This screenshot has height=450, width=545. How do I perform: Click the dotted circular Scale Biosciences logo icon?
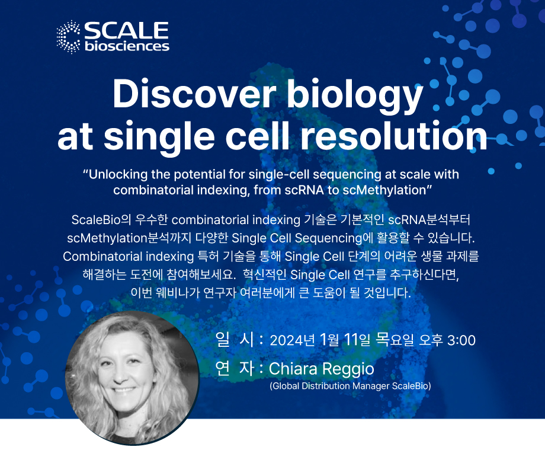[69, 37]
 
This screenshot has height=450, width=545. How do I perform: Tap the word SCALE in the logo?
[127, 30]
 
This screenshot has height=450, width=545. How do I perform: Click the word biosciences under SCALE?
[127, 46]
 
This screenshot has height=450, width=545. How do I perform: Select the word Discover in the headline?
[194, 94]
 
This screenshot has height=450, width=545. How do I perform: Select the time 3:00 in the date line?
[461, 340]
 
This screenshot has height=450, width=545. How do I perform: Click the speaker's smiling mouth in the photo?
[123, 390]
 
